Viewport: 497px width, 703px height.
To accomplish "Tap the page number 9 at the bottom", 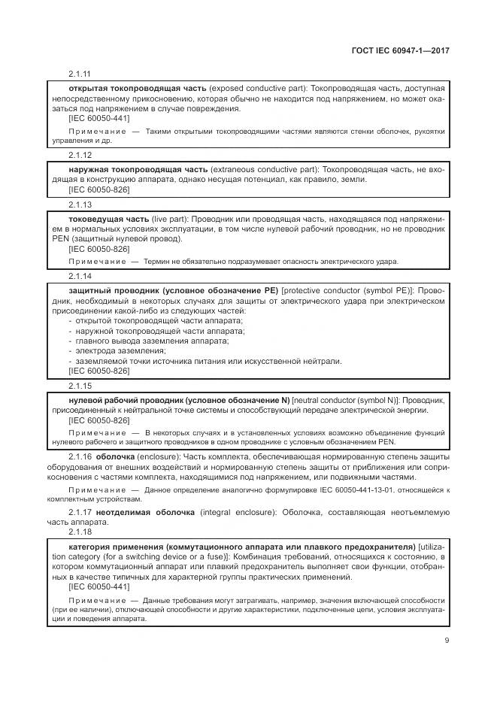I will coord(447,641).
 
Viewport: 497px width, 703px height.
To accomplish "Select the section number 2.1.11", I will coord(79,74).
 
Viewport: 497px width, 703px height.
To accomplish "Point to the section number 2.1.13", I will coord(79,204).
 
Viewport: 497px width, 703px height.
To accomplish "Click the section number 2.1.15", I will coord(79,385).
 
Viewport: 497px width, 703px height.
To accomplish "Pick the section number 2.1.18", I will coord(79,531).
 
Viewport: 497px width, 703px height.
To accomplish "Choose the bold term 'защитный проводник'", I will coord(111,290).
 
